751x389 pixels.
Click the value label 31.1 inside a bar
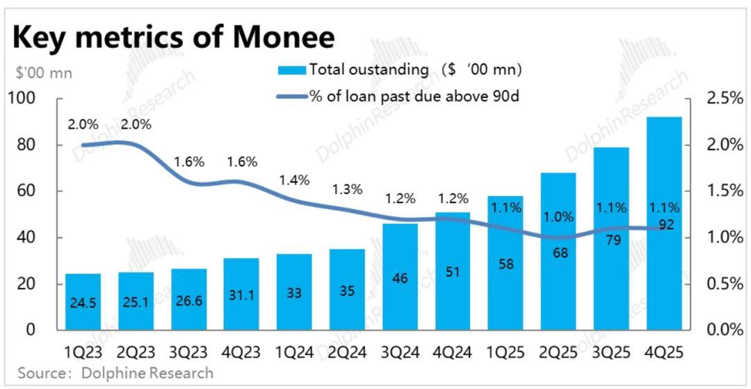(241, 295)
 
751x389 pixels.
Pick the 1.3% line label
(347, 189)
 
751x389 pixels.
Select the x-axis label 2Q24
(346, 351)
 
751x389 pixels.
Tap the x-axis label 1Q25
(506, 351)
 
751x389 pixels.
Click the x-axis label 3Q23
(188, 351)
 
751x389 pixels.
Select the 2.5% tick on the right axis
(725, 99)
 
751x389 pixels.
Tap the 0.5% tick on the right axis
(725, 284)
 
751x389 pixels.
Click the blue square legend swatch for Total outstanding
(291, 70)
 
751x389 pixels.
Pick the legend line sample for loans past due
(291, 96)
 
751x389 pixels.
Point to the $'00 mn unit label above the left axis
(43, 72)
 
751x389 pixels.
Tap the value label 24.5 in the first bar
(83, 303)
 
